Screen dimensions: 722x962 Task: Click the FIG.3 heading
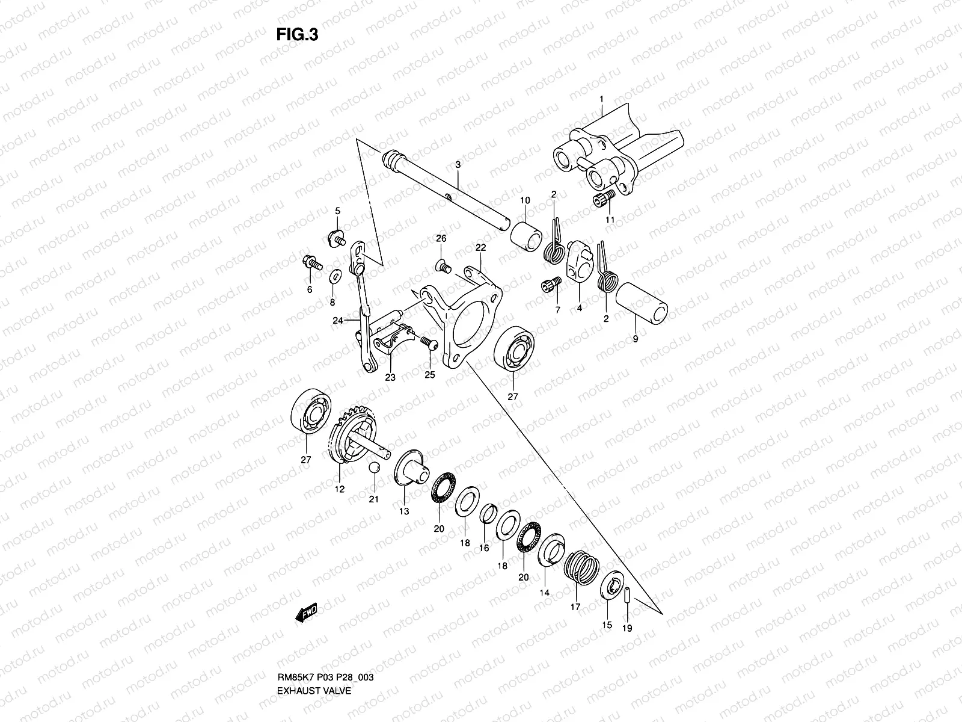(x=297, y=35)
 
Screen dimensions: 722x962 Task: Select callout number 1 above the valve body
(x=601, y=99)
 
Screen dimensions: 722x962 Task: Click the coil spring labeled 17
(x=580, y=567)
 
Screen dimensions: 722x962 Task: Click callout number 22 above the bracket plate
(x=480, y=247)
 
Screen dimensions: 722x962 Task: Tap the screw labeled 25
(x=428, y=342)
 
